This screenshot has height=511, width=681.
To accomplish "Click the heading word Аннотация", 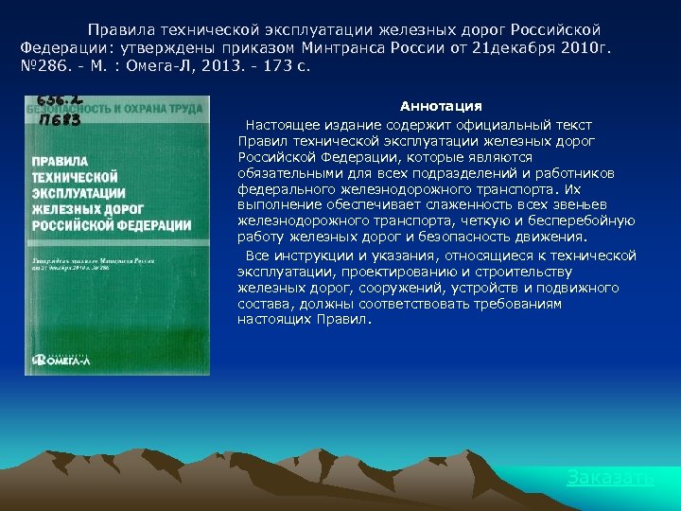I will click(441, 106).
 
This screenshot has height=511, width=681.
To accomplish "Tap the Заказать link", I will click(610, 478).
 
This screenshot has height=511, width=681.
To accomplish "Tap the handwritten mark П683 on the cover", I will click(59, 120).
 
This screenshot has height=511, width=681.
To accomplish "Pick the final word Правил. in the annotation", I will click(349, 320).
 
